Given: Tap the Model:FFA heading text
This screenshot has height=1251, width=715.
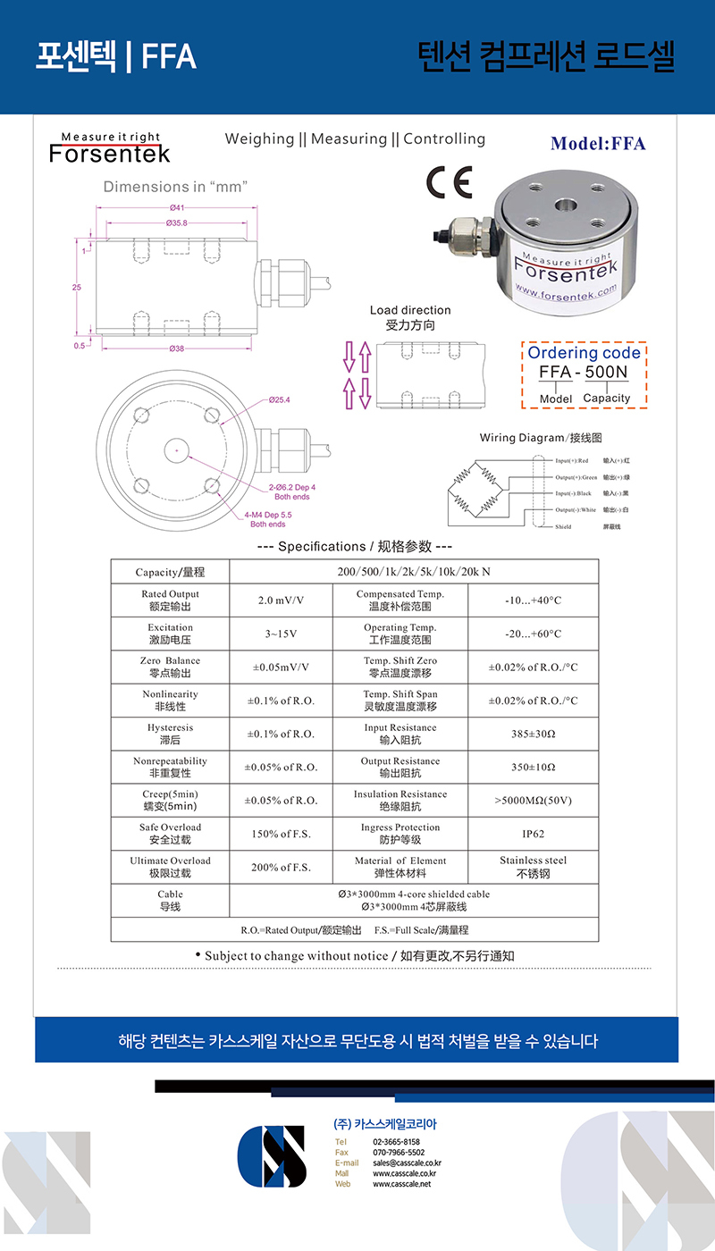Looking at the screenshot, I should (597, 144).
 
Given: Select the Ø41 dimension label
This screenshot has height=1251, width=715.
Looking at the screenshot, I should (175, 208).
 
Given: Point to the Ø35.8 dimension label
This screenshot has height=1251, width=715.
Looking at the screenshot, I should (175, 222).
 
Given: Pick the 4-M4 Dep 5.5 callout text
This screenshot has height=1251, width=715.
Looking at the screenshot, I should (268, 519).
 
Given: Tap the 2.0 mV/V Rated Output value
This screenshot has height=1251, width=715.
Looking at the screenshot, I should (281, 600).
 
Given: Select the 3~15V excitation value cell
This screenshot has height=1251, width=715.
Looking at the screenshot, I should (281, 634).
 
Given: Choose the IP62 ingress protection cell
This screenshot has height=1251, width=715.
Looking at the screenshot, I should (534, 834).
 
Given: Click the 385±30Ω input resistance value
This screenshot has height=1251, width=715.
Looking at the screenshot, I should (534, 734).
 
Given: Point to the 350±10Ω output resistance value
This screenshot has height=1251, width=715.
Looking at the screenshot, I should (534, 767).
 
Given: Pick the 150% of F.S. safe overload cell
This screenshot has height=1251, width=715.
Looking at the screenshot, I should (281, 834).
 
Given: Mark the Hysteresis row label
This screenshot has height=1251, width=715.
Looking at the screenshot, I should (170, 734).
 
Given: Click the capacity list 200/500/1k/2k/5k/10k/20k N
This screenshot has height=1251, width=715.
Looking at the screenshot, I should (412, 572).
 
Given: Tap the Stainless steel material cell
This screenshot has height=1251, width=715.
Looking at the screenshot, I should (534, 867).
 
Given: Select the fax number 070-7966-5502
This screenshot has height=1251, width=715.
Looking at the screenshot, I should (399, 1153).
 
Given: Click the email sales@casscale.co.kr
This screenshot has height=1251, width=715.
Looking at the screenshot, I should (407, 1163).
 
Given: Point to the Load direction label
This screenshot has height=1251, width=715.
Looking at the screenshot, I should (410, 310).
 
